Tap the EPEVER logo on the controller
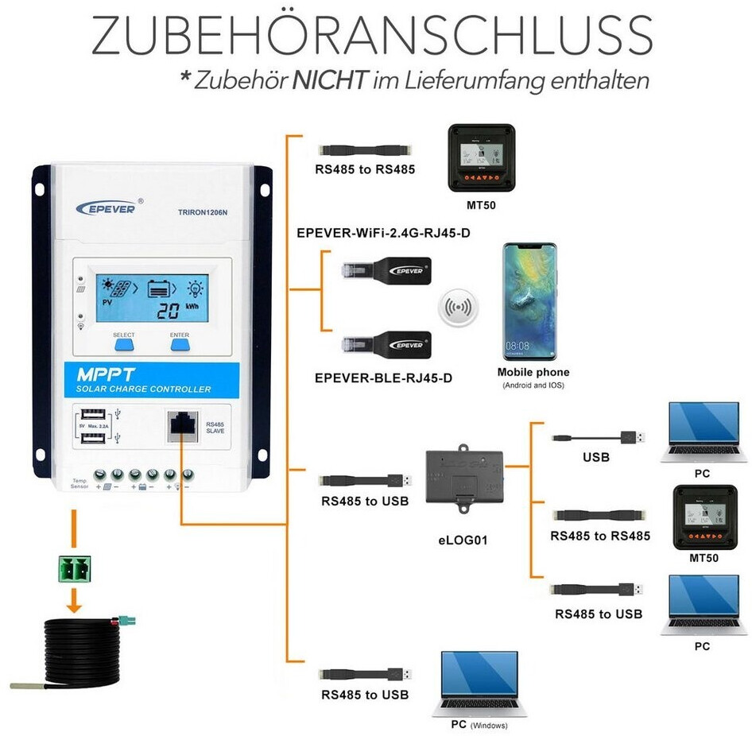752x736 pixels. pyautogui.click(x=107, y=207)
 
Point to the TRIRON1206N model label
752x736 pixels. pyautogui.click(x=204, y=212)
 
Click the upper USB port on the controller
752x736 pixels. pyautogui.click(x=89, y=415)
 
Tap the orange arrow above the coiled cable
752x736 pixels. pyautogui.click(x=73, y=600)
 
